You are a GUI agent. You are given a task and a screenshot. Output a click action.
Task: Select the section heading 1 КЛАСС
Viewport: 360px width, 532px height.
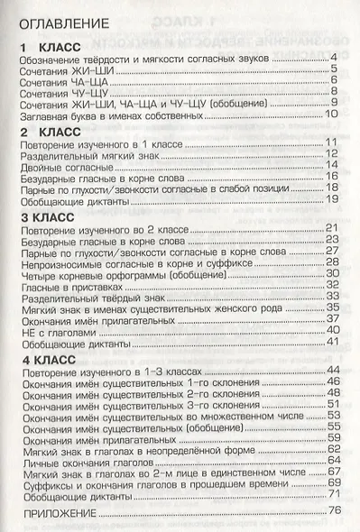pos(51,46)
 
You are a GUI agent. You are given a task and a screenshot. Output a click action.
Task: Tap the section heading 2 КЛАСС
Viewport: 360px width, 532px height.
pos(51,132)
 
